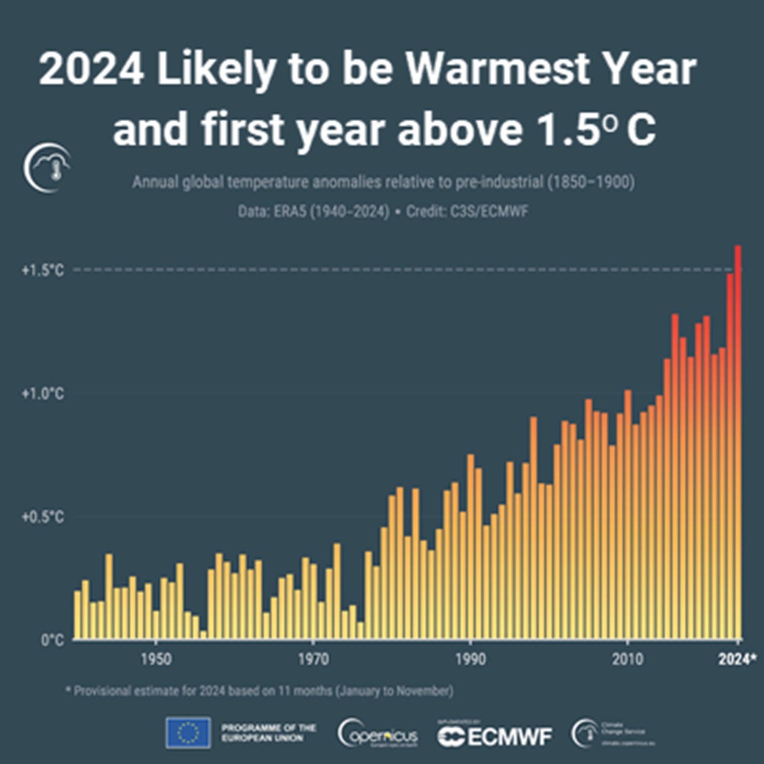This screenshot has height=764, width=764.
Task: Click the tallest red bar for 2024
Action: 738,442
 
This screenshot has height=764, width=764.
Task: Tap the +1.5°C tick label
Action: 43,270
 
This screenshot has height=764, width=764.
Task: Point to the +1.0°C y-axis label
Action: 43,393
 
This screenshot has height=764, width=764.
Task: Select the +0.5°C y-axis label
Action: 43,517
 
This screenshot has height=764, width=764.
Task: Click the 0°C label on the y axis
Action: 52,640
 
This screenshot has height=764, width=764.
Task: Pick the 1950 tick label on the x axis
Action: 156,659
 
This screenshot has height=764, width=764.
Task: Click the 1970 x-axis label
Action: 313,659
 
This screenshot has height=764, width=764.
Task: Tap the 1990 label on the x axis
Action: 470,659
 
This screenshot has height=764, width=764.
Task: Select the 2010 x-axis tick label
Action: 628,659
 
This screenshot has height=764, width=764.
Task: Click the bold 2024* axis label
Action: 737,659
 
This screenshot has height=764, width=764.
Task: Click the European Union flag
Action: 188,733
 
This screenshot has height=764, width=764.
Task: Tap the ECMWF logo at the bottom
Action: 494,736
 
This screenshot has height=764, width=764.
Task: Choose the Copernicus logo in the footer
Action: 378,734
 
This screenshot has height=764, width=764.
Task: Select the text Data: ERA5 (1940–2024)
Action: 313,211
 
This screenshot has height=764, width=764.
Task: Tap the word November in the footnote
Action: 424,691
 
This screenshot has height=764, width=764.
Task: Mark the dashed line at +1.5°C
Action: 382,270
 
